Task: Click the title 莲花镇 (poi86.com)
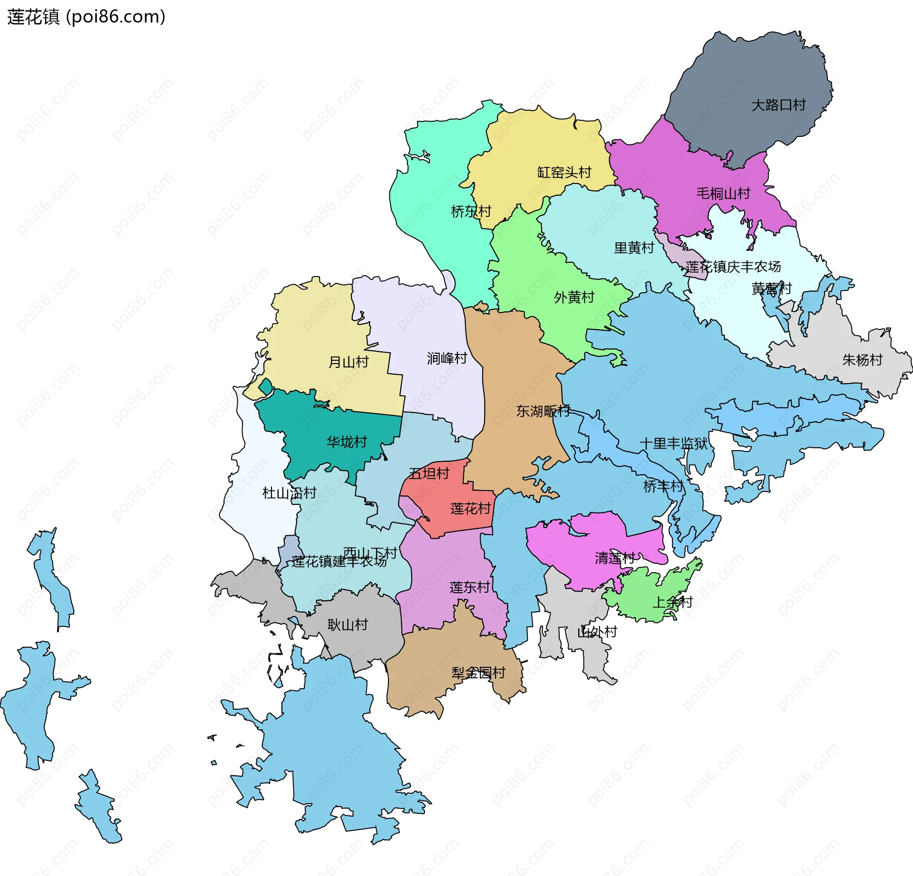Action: (x=86, y=17)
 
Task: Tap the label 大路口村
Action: (x=778, y=105)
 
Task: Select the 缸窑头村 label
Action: (x=564, y=172)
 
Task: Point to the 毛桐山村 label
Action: (x=723, y=193)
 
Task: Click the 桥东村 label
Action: (x=471, y=212)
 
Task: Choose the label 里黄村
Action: (x=634, y=248)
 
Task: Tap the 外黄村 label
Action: (x=574, y=298)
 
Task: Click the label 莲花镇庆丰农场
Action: (x=733, y=267)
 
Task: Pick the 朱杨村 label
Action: (x=862, y=360)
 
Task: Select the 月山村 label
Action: (x=349, y=362)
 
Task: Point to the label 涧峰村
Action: (x=447, y=358)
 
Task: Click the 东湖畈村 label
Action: (x=543, y=411)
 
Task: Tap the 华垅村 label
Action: (x=347, y=442)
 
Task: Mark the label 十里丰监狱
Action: (x=673, y=443)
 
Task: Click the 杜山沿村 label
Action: (x=289, y=493)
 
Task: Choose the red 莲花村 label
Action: (x=470, y=509)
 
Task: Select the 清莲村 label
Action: (x=615, y=558)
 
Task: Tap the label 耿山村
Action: (x=348, y=625)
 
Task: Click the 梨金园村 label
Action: (x=478, y=673)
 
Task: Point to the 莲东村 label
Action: (x=470, y=587)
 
